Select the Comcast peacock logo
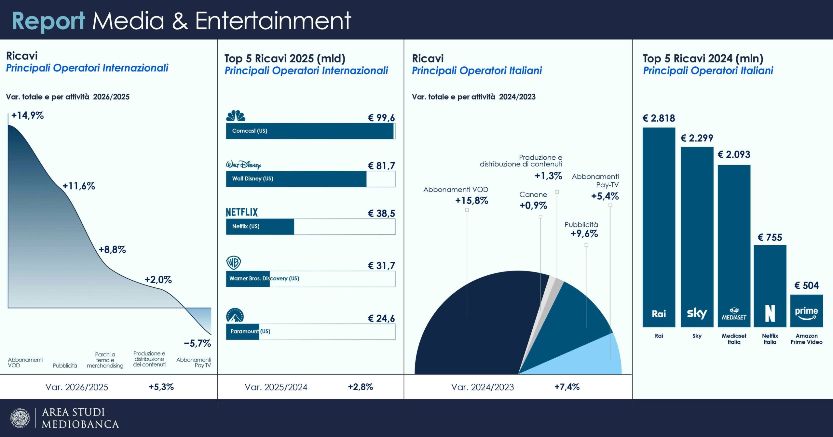click(x=236, y=116)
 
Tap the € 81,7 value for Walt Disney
click(x=381, y=166)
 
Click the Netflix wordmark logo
click(x=242, y=213)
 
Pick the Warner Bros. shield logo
click(x=234, y=263)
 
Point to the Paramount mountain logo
click(x=235, y=315)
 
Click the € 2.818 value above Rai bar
click(x=659, y=118)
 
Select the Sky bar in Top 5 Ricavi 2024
click(x=697, y=237)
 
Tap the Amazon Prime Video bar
click(x=806, y=311)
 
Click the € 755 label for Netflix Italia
click(x=770, y=237)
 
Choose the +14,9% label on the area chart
click(x=27, y=115)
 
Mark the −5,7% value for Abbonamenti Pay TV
click(x=198, y=343)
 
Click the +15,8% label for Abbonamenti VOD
click(x=471, y=201)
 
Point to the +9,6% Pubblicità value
click(x=584, y=234)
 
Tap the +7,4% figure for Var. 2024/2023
click(x=567, y=387)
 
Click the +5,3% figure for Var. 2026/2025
click(x=161, y=387)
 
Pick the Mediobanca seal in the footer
click(x=20, y=418)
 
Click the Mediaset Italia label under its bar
click(x=734, y=339)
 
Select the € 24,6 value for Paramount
click(x=381, y=318)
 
